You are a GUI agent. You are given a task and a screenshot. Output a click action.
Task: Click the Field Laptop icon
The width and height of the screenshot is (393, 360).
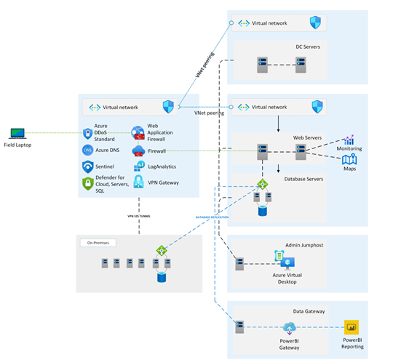point(17,133)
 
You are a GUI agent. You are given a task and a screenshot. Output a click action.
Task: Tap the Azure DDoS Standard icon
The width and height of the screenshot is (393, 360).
point(87,133)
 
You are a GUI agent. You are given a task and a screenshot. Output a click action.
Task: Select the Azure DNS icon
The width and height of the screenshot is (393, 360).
point(87,151)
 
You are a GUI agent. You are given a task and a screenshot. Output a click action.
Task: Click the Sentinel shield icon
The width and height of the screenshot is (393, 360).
point(87,167)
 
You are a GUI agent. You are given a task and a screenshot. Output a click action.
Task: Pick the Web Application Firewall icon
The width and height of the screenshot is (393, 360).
point(138,133)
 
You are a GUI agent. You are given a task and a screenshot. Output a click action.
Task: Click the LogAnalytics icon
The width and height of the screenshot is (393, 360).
point(138,167)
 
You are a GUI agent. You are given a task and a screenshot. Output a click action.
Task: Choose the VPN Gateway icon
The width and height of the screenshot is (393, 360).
point(138,183)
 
